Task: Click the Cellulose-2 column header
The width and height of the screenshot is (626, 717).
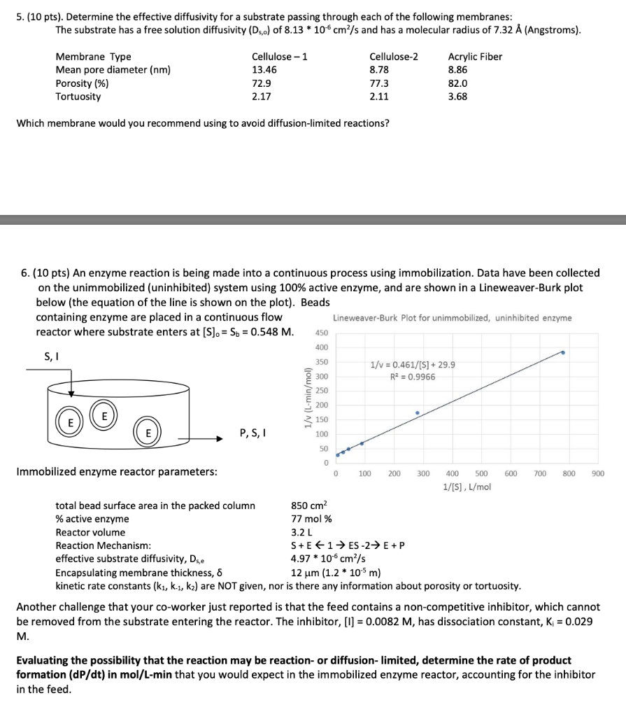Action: pos(393,57)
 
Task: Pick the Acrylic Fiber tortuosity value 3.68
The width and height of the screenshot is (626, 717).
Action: pos(457,97)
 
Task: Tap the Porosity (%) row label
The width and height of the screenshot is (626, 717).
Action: pos(82,83)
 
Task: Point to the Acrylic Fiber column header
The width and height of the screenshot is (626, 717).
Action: pos(474,57)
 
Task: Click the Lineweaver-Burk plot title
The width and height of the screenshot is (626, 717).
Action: pos(452,318)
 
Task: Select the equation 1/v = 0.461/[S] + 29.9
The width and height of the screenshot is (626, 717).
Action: pos(413,365)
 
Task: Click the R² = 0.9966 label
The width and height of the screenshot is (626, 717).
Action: pos(413,377)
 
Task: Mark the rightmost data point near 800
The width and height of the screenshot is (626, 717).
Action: pos(563,353)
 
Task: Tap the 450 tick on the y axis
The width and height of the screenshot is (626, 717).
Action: pos(322,333)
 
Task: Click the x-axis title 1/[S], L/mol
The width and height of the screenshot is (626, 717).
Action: pos(467,487)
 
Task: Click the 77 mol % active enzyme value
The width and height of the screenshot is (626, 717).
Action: pos(311,519)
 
